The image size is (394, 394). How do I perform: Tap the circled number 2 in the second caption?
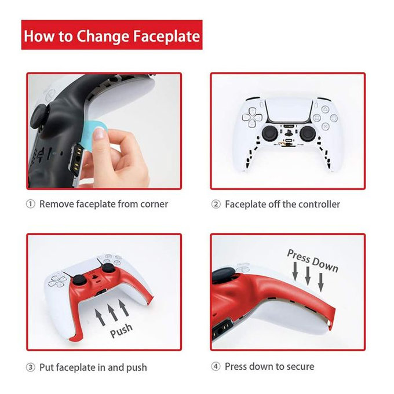[x=216, y=204]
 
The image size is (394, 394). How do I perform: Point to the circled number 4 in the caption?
[x=216, y=367]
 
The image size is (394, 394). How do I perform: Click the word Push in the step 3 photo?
[x=121, y=331]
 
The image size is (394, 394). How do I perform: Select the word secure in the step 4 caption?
[x=298, y=367]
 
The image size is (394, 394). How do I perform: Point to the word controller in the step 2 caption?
[x=315, y=204]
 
